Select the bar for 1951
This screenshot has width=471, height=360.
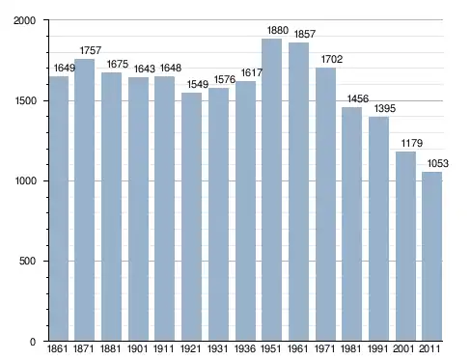pos(271,190)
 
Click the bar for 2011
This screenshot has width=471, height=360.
pos(432,257)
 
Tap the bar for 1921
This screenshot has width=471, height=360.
pos(191,216)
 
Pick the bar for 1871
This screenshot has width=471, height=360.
pos(84,200)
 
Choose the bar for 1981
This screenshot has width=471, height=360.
pos(351,224)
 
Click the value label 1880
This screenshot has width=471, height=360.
pos(278,30)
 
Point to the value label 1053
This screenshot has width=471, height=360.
pos(437,163)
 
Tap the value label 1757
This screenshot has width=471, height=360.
pos(91,50)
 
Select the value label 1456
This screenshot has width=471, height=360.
pos(358,98)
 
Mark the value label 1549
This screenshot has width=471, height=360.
pos(198,84)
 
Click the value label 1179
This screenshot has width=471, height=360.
pos(411,143)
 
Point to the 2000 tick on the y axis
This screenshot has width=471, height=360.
pos(24,20)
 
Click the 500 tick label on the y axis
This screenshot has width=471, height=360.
pos(27,261)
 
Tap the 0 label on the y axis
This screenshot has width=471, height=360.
pos(33,342)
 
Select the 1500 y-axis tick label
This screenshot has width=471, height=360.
pos(25,101)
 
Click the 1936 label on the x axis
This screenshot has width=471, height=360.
pos(245,348)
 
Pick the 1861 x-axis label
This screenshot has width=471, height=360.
pos(58,348)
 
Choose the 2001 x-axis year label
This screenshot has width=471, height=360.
pos(403,348)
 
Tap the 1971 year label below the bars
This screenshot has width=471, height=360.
pos(325,348)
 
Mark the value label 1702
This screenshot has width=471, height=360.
pos(332,59)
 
